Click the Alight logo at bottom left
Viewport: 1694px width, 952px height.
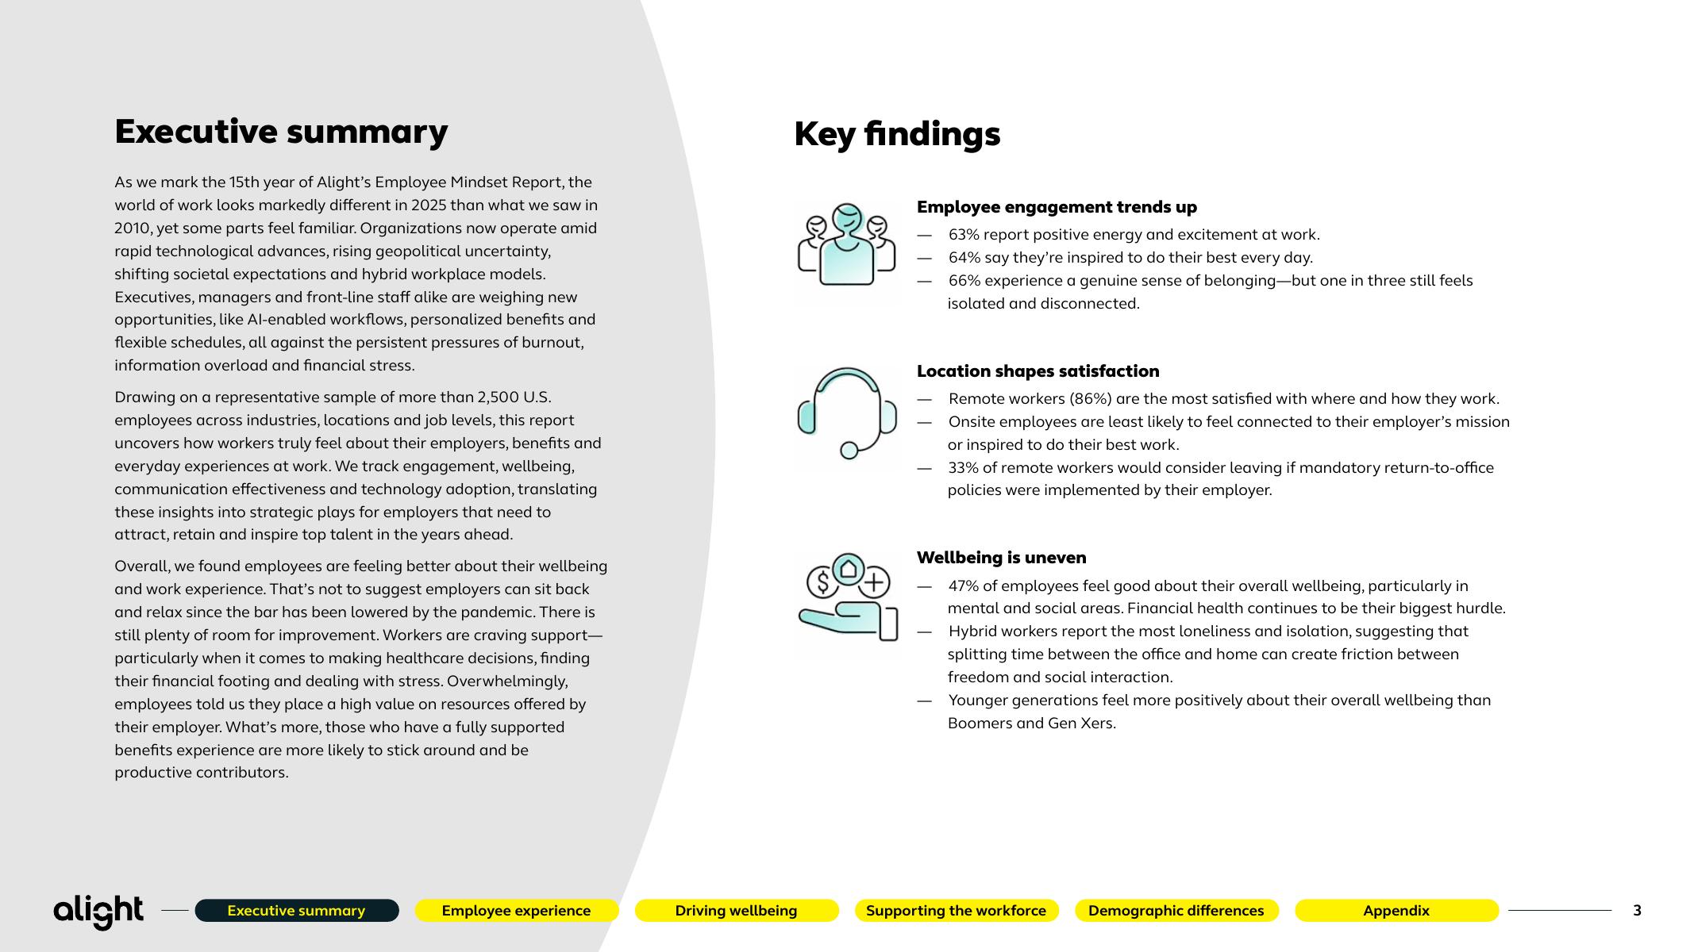point(98,912)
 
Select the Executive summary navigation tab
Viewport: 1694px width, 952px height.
point(296,911)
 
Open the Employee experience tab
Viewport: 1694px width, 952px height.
point(516,911)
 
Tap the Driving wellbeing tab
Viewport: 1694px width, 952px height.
point(736,911)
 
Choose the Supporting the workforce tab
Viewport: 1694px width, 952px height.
point(956,911)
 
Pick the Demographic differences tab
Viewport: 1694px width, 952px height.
point(1176,911)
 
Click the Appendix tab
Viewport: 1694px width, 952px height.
point(1396,911)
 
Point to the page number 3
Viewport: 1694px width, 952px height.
point(1637,911)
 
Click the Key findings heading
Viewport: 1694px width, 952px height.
point(897,134)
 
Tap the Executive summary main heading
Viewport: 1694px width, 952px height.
point(281,132)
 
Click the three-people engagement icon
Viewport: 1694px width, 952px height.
point(846,245)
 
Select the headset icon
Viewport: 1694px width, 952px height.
point(846,413)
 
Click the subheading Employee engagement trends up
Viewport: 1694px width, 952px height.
point(1057,207)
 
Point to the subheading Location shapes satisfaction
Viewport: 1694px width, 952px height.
point(1038,371)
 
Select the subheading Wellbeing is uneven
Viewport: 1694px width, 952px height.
point(1001,558)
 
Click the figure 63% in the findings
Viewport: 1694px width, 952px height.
point(964,235)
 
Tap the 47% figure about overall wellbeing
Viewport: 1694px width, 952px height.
point(964,586)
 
